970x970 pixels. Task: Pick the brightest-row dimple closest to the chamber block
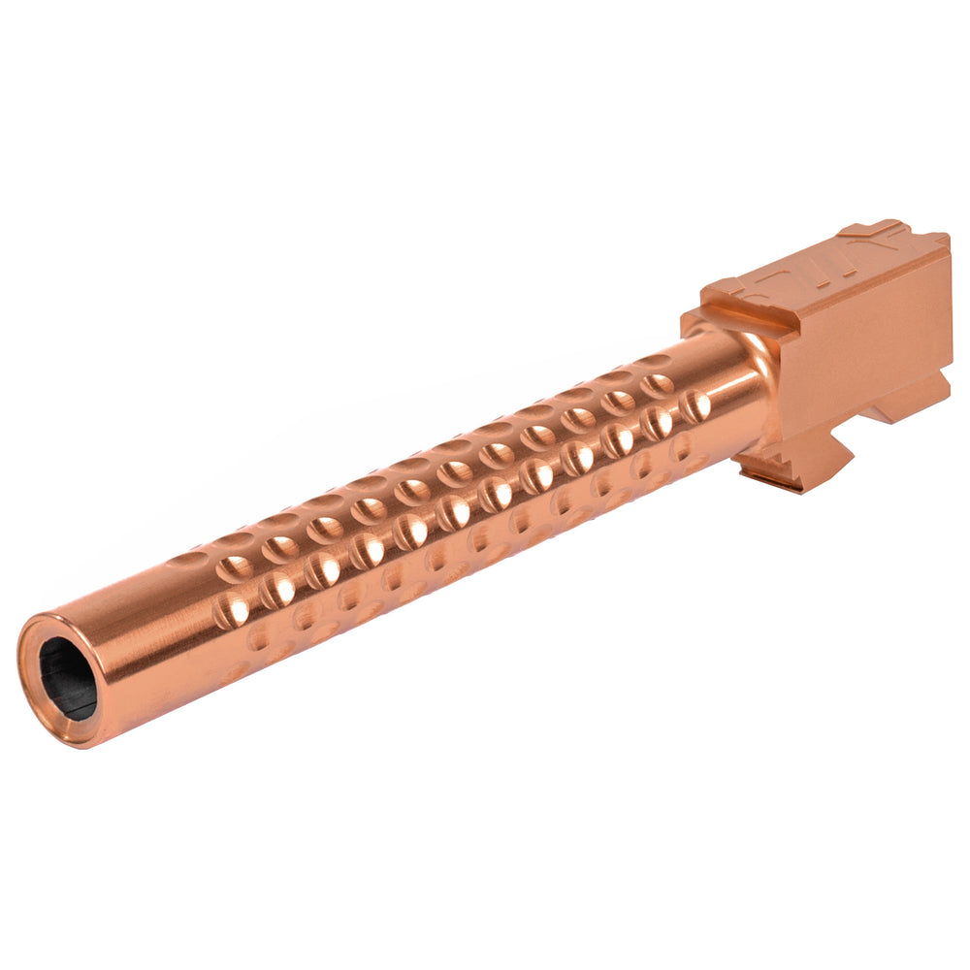[695, 406]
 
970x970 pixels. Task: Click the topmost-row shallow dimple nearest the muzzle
[184, 560]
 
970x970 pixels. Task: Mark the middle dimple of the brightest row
[454, 511]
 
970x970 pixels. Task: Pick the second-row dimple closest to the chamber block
[659, 385]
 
